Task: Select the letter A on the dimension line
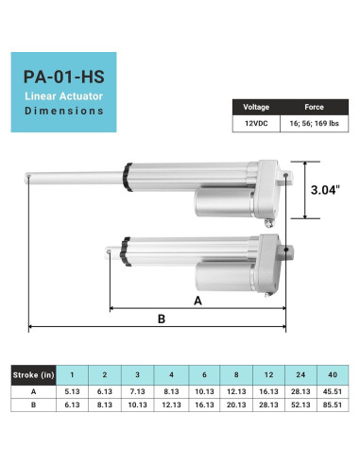(197, 301)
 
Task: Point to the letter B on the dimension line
(161, 319)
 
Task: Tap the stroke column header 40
(331, 374)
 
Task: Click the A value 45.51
(331, 390)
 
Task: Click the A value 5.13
(73, 390)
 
